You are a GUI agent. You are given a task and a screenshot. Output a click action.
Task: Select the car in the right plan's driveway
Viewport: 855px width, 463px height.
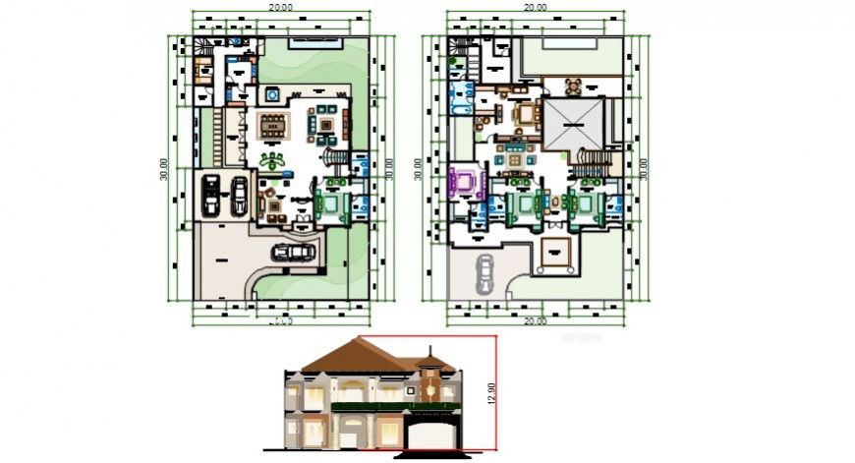(x=485, y=272)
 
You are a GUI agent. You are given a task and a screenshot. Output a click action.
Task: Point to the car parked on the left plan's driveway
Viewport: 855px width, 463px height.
(x=295, y=252)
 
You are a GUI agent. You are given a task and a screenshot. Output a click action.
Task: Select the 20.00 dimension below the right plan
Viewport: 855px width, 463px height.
(x=535, y=320)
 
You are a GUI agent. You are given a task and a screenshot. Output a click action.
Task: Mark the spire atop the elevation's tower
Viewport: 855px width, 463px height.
(x=429, y=354)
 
